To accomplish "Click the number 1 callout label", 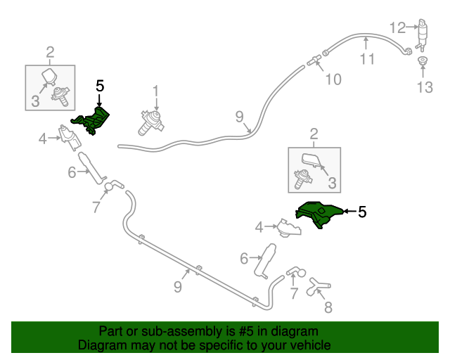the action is [x=155, y=91].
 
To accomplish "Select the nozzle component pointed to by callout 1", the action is [x=151, y=124].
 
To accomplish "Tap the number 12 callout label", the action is [x=397, y=28].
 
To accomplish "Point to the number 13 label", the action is [x=425, y=87].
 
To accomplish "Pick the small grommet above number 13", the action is [x=423, y=60].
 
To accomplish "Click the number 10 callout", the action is [x=333, y=79].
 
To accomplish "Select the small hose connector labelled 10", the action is [x=314, y=60].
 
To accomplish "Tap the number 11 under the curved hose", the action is [x=367, y=60].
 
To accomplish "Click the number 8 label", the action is [x=328, y=307].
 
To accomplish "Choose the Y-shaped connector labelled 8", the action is [x=318, y=286].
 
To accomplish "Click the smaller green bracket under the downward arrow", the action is [x=91, y=121].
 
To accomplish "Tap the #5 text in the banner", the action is [x=246, y=331].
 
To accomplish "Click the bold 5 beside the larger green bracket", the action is [x=362, y=212].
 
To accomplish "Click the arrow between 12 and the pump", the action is [x=413, y=27].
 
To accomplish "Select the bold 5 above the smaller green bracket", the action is [x=100, y=86].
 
